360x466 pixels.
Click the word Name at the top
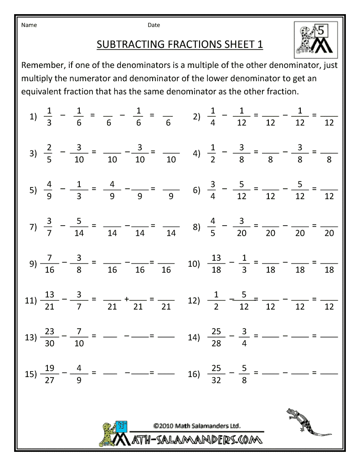tap(29, 25)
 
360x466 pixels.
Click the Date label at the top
tap(154, 25)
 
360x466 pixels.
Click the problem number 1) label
tap(33, 117)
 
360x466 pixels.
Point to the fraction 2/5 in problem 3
tap(49, 153)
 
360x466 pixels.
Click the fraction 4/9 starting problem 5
tap(49, 191)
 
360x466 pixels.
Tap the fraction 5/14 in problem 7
tap(79, 227)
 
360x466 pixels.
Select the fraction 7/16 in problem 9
tap(50, 264)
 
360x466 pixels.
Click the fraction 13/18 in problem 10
tap(216, 264)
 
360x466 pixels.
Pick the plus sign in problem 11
tap(126, 300)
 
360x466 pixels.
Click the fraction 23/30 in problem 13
tap(50, 337)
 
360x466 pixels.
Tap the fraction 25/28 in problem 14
tap(216, 337)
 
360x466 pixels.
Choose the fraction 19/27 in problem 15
tap(50, 374)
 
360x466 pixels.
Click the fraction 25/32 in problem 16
tap(216, 374)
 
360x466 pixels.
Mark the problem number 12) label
tap(194, 301)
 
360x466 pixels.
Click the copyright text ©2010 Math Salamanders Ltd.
tap(197, 426)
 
